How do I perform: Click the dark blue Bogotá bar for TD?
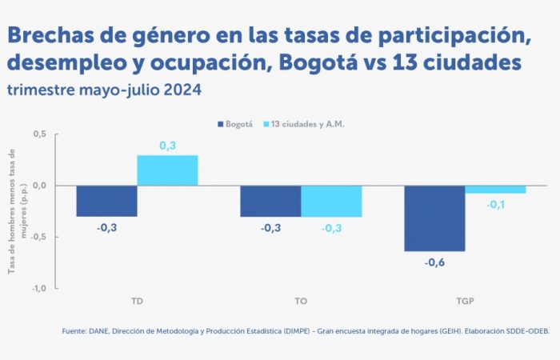coord(106,201)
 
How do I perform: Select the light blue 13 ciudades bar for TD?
coord(167,170)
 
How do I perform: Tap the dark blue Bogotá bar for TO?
coord(270,201)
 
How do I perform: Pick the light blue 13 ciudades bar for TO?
coord(331,201)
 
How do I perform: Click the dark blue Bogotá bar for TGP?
coord(434,218)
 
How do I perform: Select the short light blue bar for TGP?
coord(495,190)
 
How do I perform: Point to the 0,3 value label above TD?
coord(167,146)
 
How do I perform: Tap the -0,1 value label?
coord(495,205)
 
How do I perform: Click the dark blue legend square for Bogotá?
coord(220,124)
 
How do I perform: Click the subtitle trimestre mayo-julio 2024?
coord(104,90)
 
